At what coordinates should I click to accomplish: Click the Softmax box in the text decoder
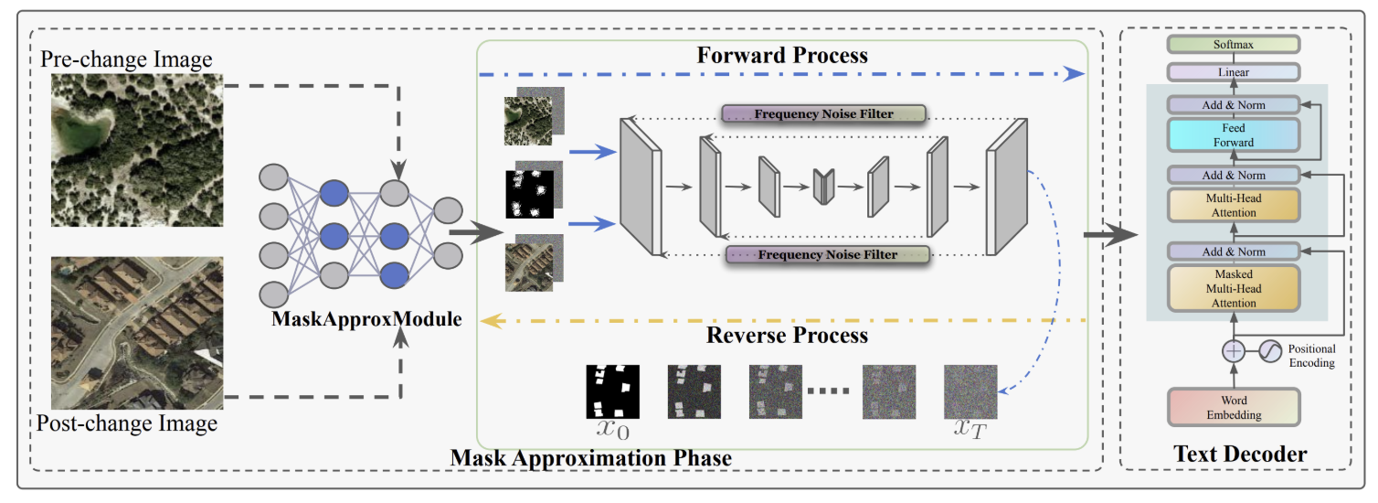click(1233, 44)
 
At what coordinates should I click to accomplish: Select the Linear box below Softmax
click(1233, 71)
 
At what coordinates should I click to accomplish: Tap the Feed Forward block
click(1233, 136)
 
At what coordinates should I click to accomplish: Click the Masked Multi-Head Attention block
click(1233, 288)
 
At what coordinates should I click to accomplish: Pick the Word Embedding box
click(1233, 408)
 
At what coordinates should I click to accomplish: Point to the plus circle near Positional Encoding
click(1234, 350)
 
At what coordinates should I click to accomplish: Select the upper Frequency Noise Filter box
click(823, 114)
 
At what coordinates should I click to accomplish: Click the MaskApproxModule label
click(366, 320)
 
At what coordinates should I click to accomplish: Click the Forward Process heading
click(782, 55)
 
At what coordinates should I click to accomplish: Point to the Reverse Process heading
click(787, 335)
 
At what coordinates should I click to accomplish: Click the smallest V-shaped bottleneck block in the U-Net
click(824, 187)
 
